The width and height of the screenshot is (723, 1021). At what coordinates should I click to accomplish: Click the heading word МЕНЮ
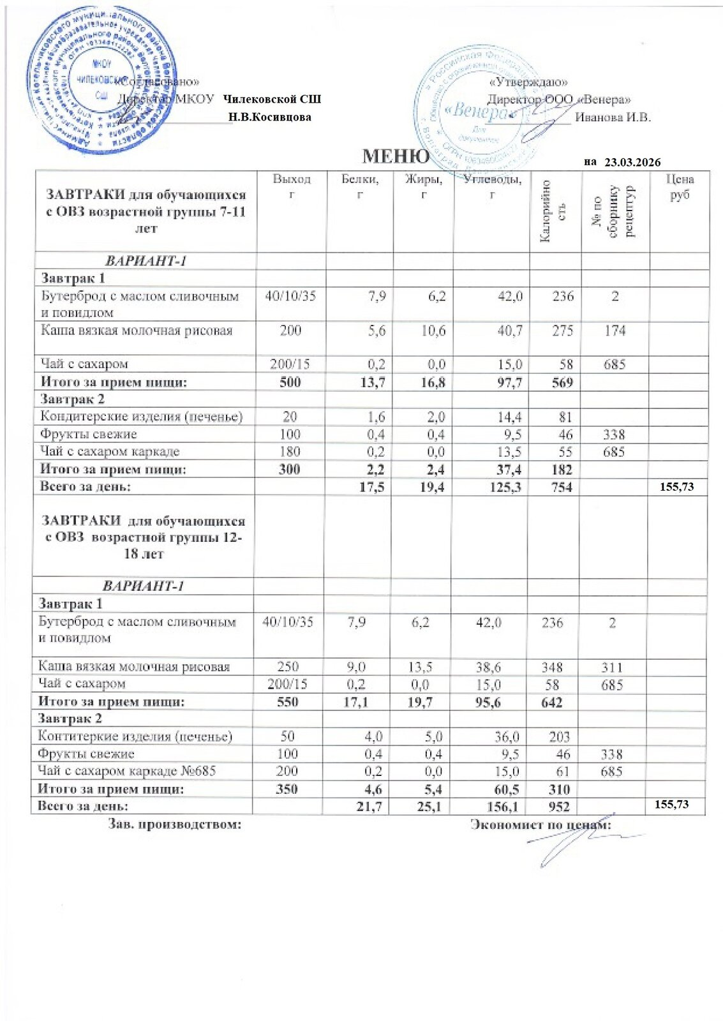(396, 156)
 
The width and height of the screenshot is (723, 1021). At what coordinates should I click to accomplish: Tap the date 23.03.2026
(632, 162)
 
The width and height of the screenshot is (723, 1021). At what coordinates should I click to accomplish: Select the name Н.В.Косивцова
(270, 117)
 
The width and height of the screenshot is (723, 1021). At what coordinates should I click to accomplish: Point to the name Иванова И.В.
(613, 117)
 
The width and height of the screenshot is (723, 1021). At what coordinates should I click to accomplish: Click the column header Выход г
(292, 186)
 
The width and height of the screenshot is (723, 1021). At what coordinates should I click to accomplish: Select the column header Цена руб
(679, 186)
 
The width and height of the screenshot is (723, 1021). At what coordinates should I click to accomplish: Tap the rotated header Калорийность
(555, 210)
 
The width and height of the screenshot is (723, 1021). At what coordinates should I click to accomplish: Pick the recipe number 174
(615, 331)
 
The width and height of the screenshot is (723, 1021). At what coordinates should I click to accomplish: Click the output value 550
(287, 702)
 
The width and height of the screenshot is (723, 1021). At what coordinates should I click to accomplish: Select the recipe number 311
(611, 667)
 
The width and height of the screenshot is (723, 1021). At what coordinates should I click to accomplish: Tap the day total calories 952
(558, 807)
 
